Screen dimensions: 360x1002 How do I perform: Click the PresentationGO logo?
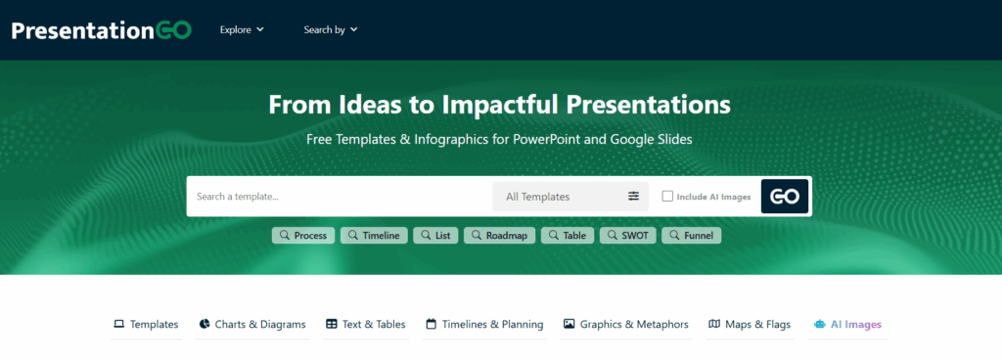coord(101,30)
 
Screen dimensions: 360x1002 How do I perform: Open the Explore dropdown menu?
coord(242,30)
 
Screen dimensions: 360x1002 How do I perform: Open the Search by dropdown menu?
coord(331,30)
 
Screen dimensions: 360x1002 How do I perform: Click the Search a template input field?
coord(338,197)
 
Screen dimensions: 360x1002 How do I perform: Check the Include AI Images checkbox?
coord(667,197)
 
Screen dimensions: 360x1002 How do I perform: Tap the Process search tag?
coord(303,236)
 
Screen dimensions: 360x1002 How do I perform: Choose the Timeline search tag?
coord(374,236)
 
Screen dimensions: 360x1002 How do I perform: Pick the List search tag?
coord(435,236)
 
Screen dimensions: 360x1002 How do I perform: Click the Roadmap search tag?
coord(499,236)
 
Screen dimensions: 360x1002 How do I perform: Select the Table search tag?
coord(568,236)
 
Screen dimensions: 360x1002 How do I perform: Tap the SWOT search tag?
coord(627,236)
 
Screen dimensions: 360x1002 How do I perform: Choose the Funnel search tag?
coord(691,236)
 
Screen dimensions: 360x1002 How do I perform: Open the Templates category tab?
coord(146,325)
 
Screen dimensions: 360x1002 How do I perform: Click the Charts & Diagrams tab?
coord(252,325)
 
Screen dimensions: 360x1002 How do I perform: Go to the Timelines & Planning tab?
coord(484,325)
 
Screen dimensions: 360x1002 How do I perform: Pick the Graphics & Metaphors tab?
coord(626,325)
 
